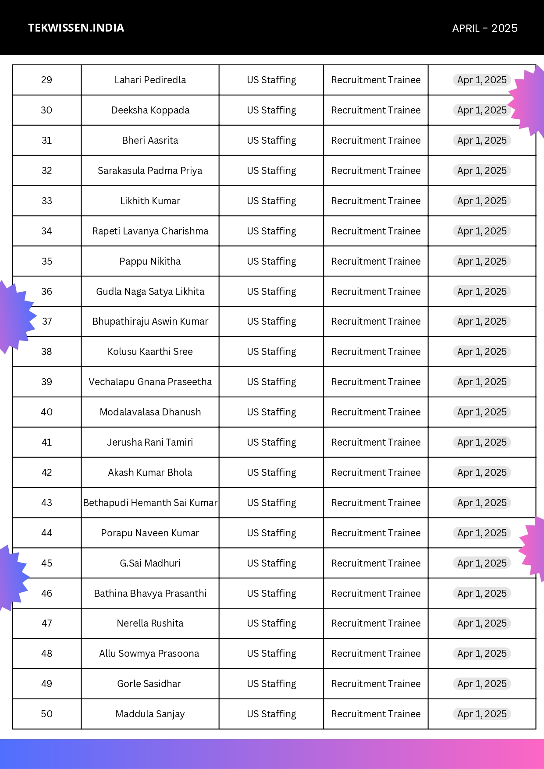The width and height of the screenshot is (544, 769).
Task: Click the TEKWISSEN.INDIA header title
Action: [x=76, y=28]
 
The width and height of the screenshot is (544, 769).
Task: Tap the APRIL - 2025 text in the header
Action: [x=484, y=28]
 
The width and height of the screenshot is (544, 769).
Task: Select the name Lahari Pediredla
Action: [x=150, y=80]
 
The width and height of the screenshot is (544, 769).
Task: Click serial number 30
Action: [x=46, y=110]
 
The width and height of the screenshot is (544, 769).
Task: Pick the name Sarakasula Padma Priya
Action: [x=150, y=171]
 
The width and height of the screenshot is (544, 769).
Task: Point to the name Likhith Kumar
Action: [x=150, y=201]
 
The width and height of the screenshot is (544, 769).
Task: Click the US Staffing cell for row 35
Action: [x=271, y=262]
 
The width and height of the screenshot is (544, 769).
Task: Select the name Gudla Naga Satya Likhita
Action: [x=150, y=292]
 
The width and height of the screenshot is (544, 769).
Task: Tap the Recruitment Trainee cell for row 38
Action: [x=376, y=352]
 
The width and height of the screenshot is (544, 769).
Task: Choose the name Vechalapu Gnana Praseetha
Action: [x=150, y=382]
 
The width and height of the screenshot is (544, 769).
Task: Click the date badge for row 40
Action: [x=482, y=412]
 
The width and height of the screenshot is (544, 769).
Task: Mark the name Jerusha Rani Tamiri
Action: [x=150, y=443]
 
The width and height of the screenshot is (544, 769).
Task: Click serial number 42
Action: [x=46, y=473]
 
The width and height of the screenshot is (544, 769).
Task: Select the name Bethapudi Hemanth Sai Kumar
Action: [x=150, y=503]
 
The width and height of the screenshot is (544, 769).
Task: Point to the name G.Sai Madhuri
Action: [x=150, y=563]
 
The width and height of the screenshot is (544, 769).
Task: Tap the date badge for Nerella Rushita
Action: [x=482, y=624]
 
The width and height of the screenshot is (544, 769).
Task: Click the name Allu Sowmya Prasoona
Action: [x=149, y=654]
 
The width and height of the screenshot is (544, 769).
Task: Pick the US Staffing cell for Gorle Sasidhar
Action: [x=271, y=684]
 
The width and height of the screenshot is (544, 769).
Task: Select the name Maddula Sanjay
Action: [x=150, y=714]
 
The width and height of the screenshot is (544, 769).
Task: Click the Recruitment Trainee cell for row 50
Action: [x=376, y=714]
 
